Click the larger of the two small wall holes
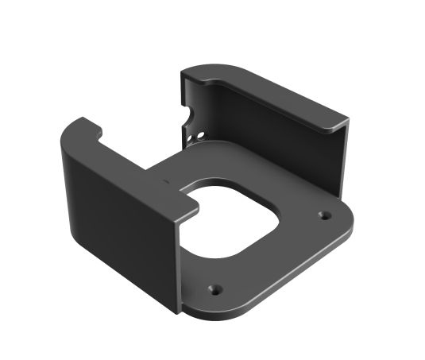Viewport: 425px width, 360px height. [199, 131]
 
